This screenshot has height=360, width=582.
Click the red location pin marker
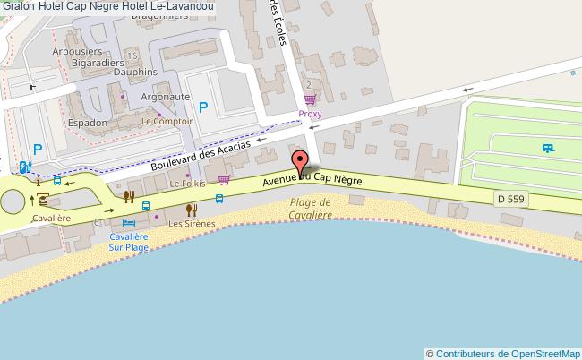pos(301,161)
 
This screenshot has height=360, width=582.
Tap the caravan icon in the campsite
pos(546,149)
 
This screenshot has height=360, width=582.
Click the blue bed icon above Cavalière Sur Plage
pos(130,221)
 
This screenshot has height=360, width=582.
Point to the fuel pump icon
pos(23,167)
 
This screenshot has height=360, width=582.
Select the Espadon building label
pos(88,122)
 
